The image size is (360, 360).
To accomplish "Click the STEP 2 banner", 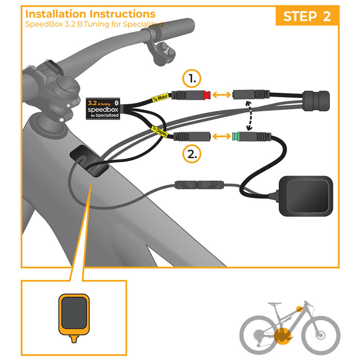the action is point(307,16).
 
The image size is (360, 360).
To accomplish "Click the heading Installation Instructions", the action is point(90,14).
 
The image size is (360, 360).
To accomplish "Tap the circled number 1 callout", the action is point(192,78).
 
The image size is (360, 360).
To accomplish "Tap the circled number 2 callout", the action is point(192,153).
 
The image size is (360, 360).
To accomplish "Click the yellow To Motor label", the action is point(160,98).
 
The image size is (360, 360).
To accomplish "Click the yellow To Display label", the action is point(160,131).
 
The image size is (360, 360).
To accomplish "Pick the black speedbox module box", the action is point(103,109).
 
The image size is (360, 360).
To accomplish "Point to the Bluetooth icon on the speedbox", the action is point(117,103).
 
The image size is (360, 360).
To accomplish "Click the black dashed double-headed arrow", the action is point(249,116).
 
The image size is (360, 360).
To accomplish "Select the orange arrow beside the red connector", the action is point(221,94).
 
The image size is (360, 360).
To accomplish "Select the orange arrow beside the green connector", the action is point(221,136).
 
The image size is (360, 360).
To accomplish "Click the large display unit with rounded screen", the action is point(306,196).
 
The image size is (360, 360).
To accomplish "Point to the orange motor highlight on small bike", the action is point(283,336).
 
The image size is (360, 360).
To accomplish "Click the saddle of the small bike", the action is point(274,304).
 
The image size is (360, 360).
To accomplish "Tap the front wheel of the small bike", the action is point(320,335).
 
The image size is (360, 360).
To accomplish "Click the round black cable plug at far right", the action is point(316,101).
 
